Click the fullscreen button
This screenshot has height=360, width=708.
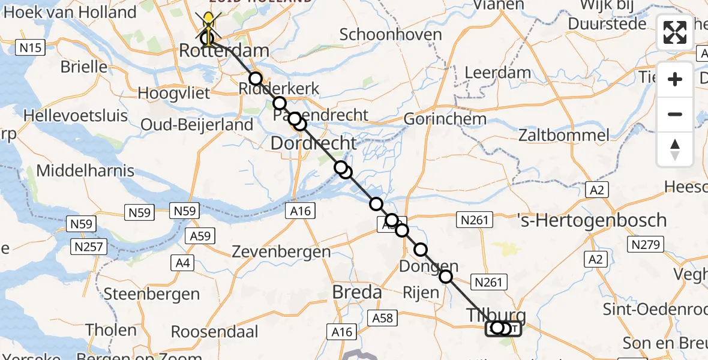coord(675,32)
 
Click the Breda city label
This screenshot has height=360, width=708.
coord(357,293)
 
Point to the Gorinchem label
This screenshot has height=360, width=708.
coord(445,119)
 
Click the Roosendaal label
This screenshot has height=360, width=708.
coord(214,332)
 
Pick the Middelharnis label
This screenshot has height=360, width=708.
coord(85,170)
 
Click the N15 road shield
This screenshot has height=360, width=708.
coord(30,47)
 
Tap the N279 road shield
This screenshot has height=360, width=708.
coord(646,245)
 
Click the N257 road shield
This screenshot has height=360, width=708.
coord(88,247)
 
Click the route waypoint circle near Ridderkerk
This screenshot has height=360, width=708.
coord(256,79)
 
